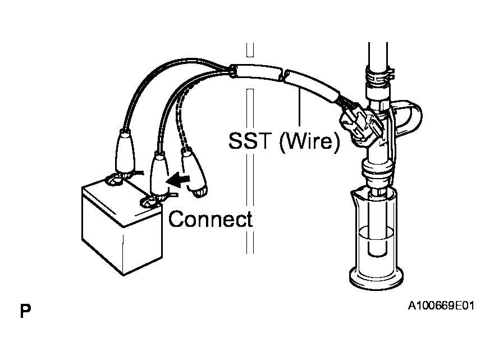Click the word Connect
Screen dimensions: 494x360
click(x=211, y=219)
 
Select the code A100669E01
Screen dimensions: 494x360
click(x=441, y=306)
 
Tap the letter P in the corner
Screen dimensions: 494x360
click(x=25, y=311)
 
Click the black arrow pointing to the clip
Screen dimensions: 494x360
click(x=179, y=180)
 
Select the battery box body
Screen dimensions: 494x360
click(x=122, y=225)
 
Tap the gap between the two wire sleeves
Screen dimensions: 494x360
click(x=282, y=76)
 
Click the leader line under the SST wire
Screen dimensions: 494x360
click(x=299, y=107)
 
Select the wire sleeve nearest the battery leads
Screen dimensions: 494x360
click(x=255, y=72)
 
